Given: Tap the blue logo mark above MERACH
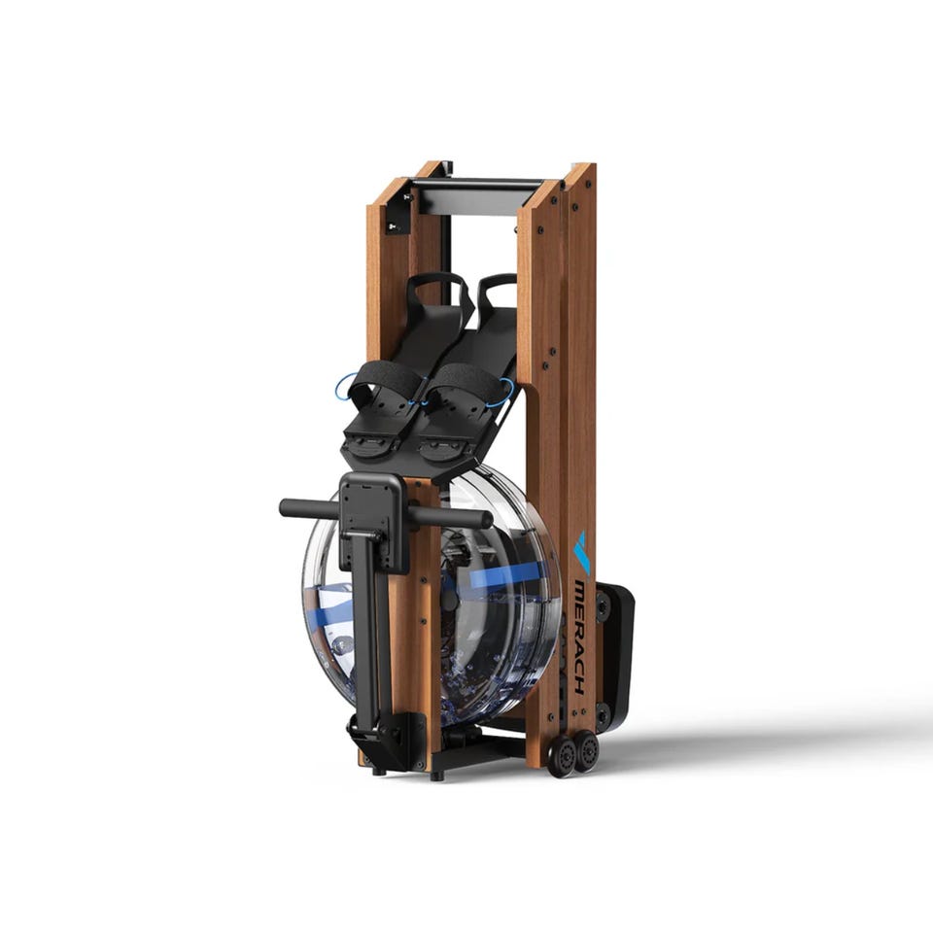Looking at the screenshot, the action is coord(581,553).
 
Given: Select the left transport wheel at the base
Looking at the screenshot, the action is coord(562,756).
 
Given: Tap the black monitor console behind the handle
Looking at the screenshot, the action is coord(373,523).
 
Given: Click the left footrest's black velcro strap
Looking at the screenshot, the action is coord(385,378).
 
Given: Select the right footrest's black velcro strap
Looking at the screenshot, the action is coord(465,382).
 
